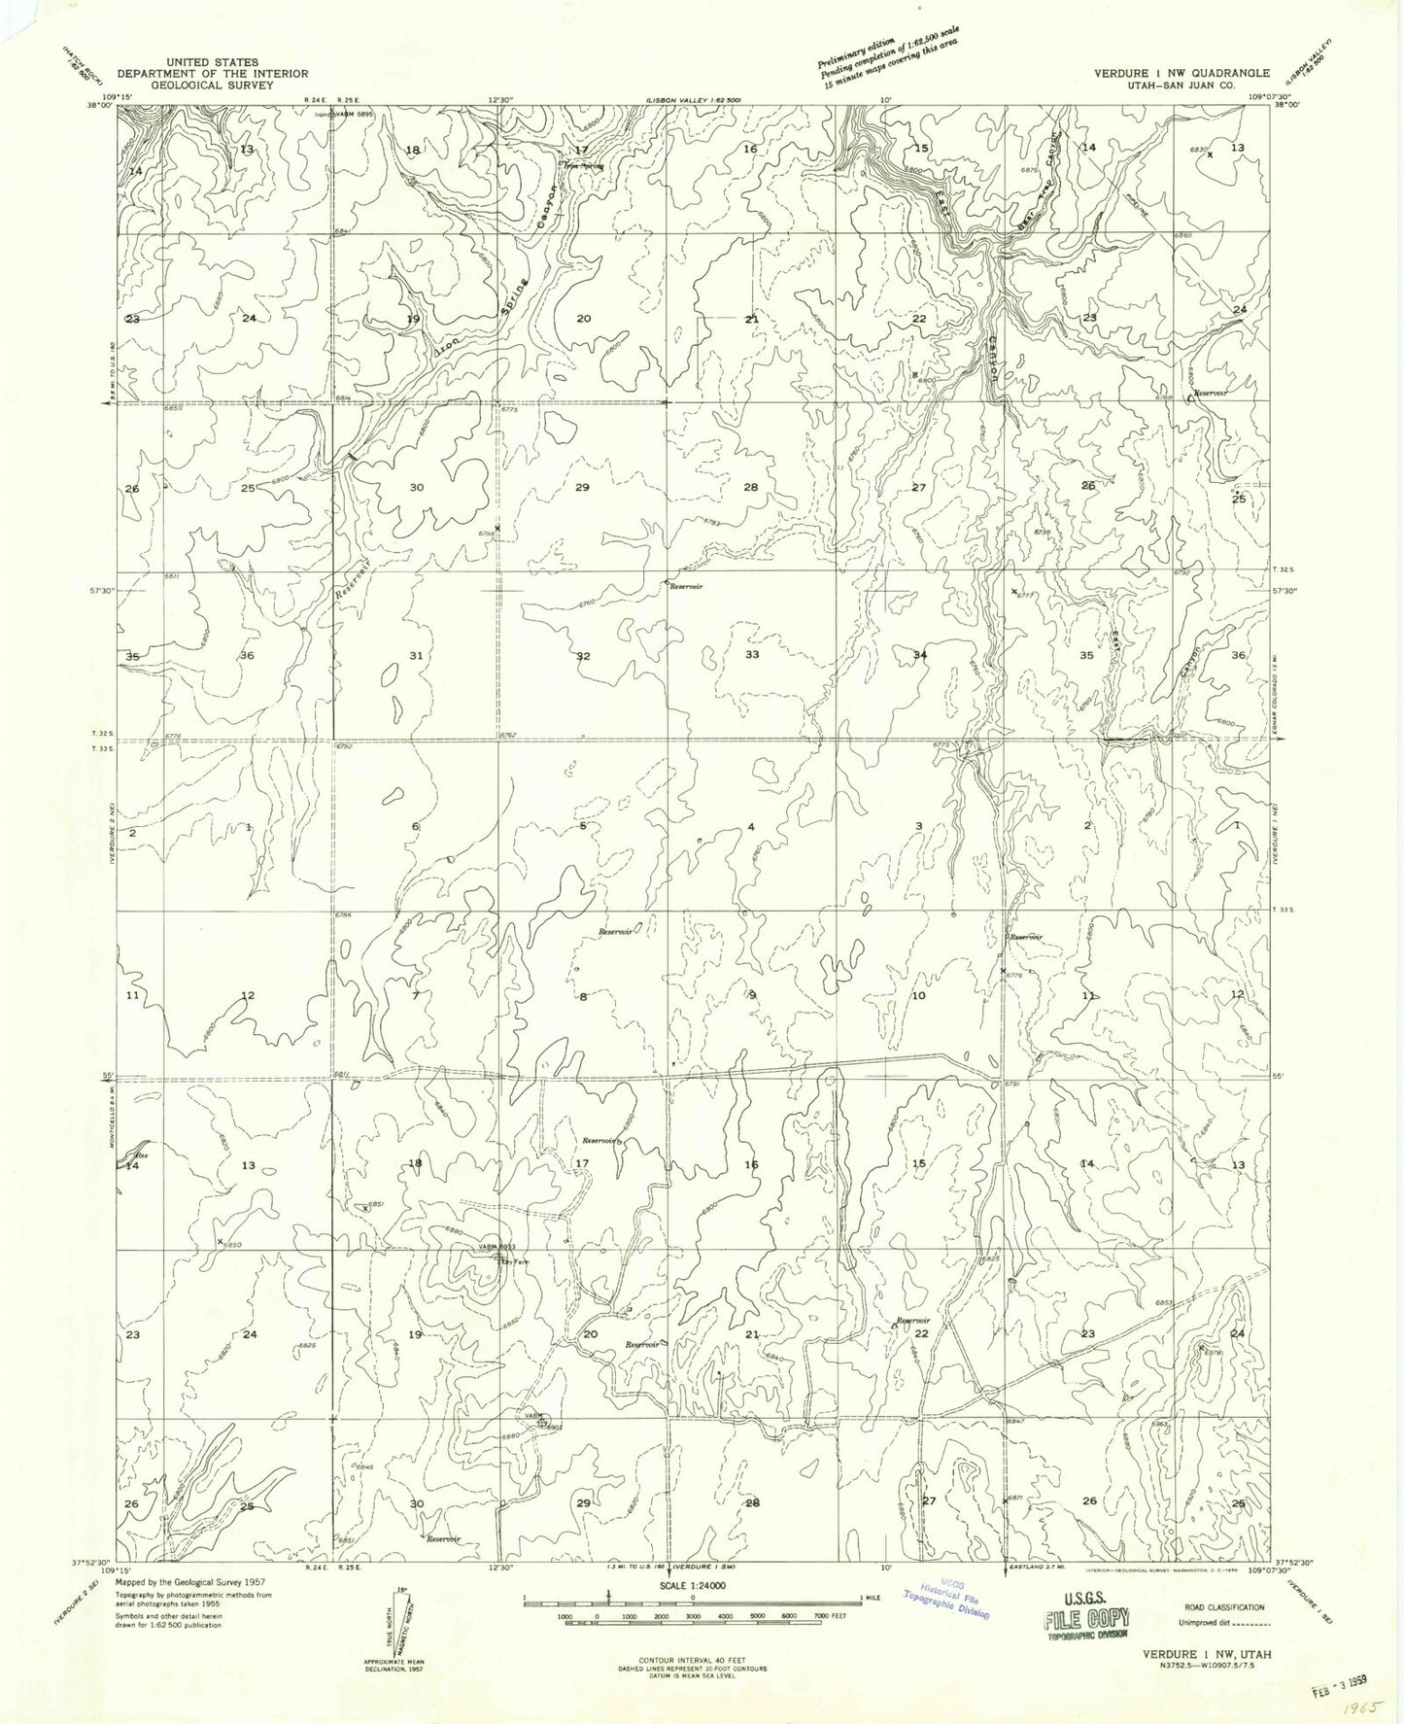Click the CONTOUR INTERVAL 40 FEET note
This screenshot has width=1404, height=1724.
[x=692, y=1660]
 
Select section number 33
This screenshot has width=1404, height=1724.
[x=751, y=655]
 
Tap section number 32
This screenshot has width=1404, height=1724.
[x=582, y=656]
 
